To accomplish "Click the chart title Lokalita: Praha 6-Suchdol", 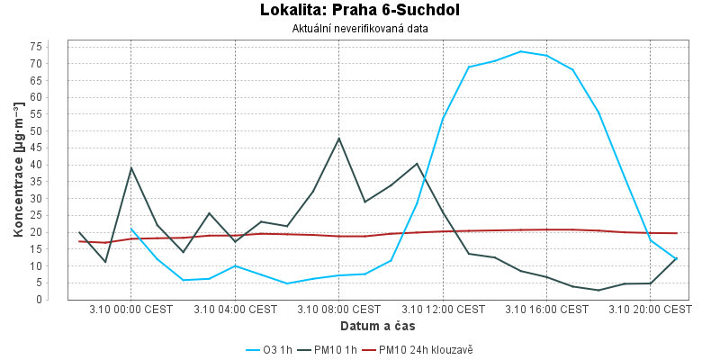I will click(360, 11).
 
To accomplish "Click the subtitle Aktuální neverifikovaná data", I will click(360, 28).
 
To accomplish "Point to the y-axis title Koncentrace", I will click(18, 171).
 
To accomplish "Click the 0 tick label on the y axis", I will click(60, 300).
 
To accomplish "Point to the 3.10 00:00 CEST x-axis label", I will click(131, 310).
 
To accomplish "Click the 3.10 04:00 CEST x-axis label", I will click(235, 310).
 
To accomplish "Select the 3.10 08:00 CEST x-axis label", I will click(338, 310).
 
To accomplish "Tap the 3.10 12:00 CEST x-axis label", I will click(443, 310).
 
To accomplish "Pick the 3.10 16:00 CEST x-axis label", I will click(546, 310).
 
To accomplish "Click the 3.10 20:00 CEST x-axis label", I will click(650, 310).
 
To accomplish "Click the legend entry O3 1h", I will click(269, 349).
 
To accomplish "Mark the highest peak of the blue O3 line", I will click(520, 51).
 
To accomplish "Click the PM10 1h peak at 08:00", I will click(338, 138).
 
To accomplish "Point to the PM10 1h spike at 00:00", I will click(131, 167).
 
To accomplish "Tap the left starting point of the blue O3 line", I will click(131, 229).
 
